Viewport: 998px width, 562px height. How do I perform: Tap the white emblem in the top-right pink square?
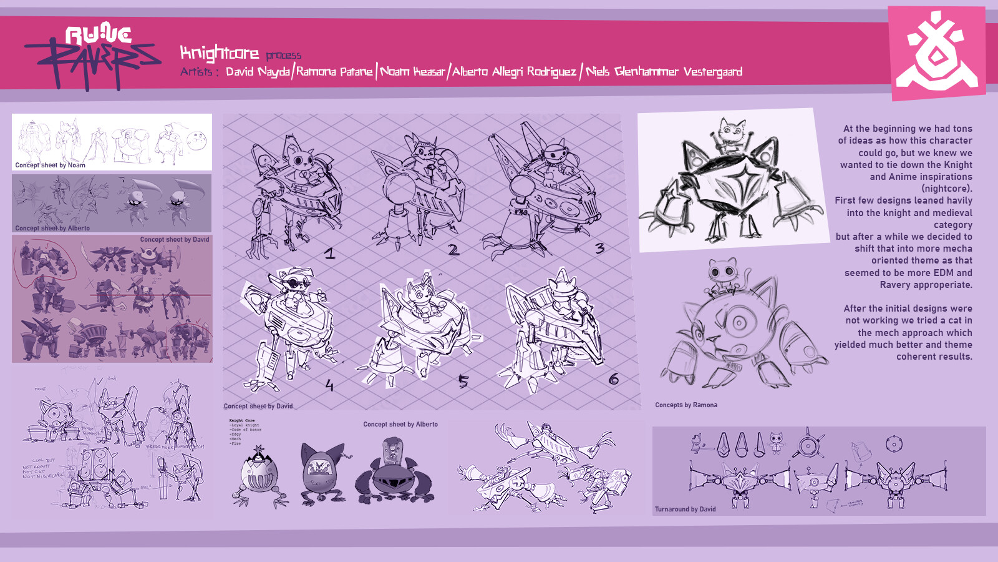[936, 54]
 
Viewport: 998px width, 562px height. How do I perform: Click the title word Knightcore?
[219, 53]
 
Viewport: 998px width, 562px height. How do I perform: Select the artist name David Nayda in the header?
[258, 72]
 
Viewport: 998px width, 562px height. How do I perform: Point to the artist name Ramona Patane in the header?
[334, 72]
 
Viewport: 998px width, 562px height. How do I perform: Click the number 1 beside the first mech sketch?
[330, 253]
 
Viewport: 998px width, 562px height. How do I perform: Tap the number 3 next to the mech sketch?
[599, 249]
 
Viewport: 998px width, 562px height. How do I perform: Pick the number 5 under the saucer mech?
[463, 381]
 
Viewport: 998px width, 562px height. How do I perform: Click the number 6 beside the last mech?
[614, 379]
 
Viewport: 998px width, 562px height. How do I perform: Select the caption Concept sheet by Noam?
[50, 165]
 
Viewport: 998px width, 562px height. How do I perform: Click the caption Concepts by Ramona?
[686, 405]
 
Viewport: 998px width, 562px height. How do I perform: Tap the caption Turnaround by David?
[685, 509]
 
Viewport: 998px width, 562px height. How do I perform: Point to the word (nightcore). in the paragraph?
[947, 189]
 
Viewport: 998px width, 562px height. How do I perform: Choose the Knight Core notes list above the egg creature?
[245, 431]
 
